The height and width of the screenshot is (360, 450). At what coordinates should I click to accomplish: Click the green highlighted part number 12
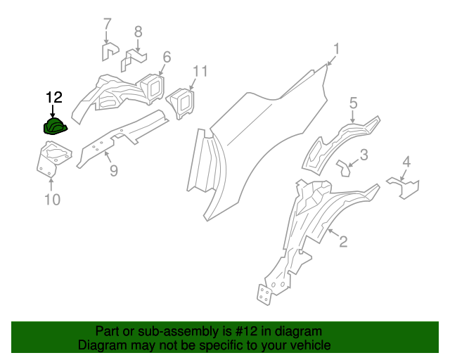[56, 127]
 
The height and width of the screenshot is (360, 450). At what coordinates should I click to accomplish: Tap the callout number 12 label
[54, 98]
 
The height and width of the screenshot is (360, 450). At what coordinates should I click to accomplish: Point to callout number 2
[343, 243]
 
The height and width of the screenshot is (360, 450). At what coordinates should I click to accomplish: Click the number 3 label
[354, 103]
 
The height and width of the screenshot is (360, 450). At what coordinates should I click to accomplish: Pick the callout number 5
[107, 25]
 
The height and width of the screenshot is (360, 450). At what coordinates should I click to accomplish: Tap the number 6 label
[138, 32]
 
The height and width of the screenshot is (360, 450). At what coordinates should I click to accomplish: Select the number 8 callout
[52, 200]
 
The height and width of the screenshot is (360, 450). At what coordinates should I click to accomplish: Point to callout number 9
[200, 71]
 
